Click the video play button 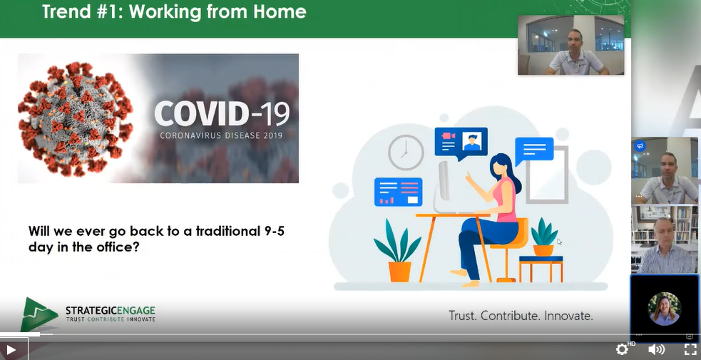point(11,350)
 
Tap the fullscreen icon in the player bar point(690,349)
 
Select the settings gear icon point(622,349)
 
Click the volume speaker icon point(656,349)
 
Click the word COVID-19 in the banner point(222,114)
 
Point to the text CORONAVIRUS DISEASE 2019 point(221,135)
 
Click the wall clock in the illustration point(406,153)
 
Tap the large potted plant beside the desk point(398,250)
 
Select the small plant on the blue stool point(543,237)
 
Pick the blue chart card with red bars point(399,192)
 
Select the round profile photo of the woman point(665,309)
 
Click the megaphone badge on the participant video point(640,146)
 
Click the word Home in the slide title point(280,11)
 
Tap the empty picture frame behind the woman point(547,175)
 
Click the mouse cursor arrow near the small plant point(560,242)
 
